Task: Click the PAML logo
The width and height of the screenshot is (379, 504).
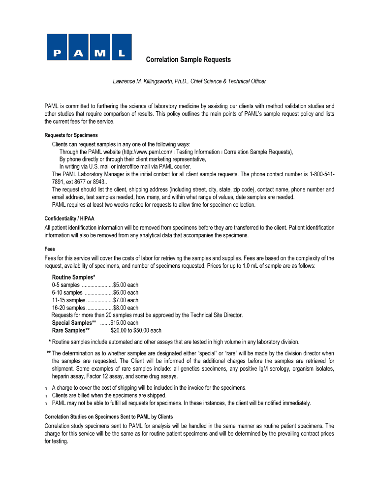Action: point(89,46)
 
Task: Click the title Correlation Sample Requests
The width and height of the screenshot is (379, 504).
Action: point(189,60)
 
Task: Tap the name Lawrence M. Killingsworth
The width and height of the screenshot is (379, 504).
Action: point(144,81)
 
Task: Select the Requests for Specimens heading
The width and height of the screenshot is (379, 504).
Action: point(71,135)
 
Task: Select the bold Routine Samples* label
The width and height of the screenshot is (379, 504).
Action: point(74,277)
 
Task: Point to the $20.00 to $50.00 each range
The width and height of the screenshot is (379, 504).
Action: point(136,330)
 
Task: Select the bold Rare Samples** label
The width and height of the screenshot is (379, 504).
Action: point(70,330)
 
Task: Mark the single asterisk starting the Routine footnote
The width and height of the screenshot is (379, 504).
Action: point(50,342)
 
